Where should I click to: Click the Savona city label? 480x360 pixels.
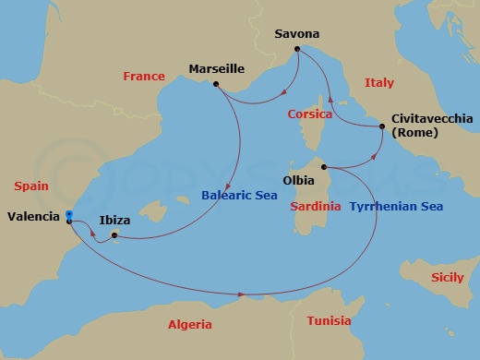[297, 34]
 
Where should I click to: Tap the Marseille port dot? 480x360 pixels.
[215, 85]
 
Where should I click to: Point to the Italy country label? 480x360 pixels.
[378, 83]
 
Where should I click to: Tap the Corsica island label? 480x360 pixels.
[309, 114]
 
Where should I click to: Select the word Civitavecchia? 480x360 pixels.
[432, 119]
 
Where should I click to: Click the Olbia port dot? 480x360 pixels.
[325, 167]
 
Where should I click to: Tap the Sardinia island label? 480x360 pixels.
[315, 206]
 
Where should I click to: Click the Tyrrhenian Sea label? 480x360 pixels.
[396, 206]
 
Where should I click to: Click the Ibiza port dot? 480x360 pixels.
[114, 234]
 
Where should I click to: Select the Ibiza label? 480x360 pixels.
[114, 222]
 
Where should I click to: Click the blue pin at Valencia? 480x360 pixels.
[69, 215]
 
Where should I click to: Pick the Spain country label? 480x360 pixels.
[31, 186]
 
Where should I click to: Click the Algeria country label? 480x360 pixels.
[189, 325]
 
